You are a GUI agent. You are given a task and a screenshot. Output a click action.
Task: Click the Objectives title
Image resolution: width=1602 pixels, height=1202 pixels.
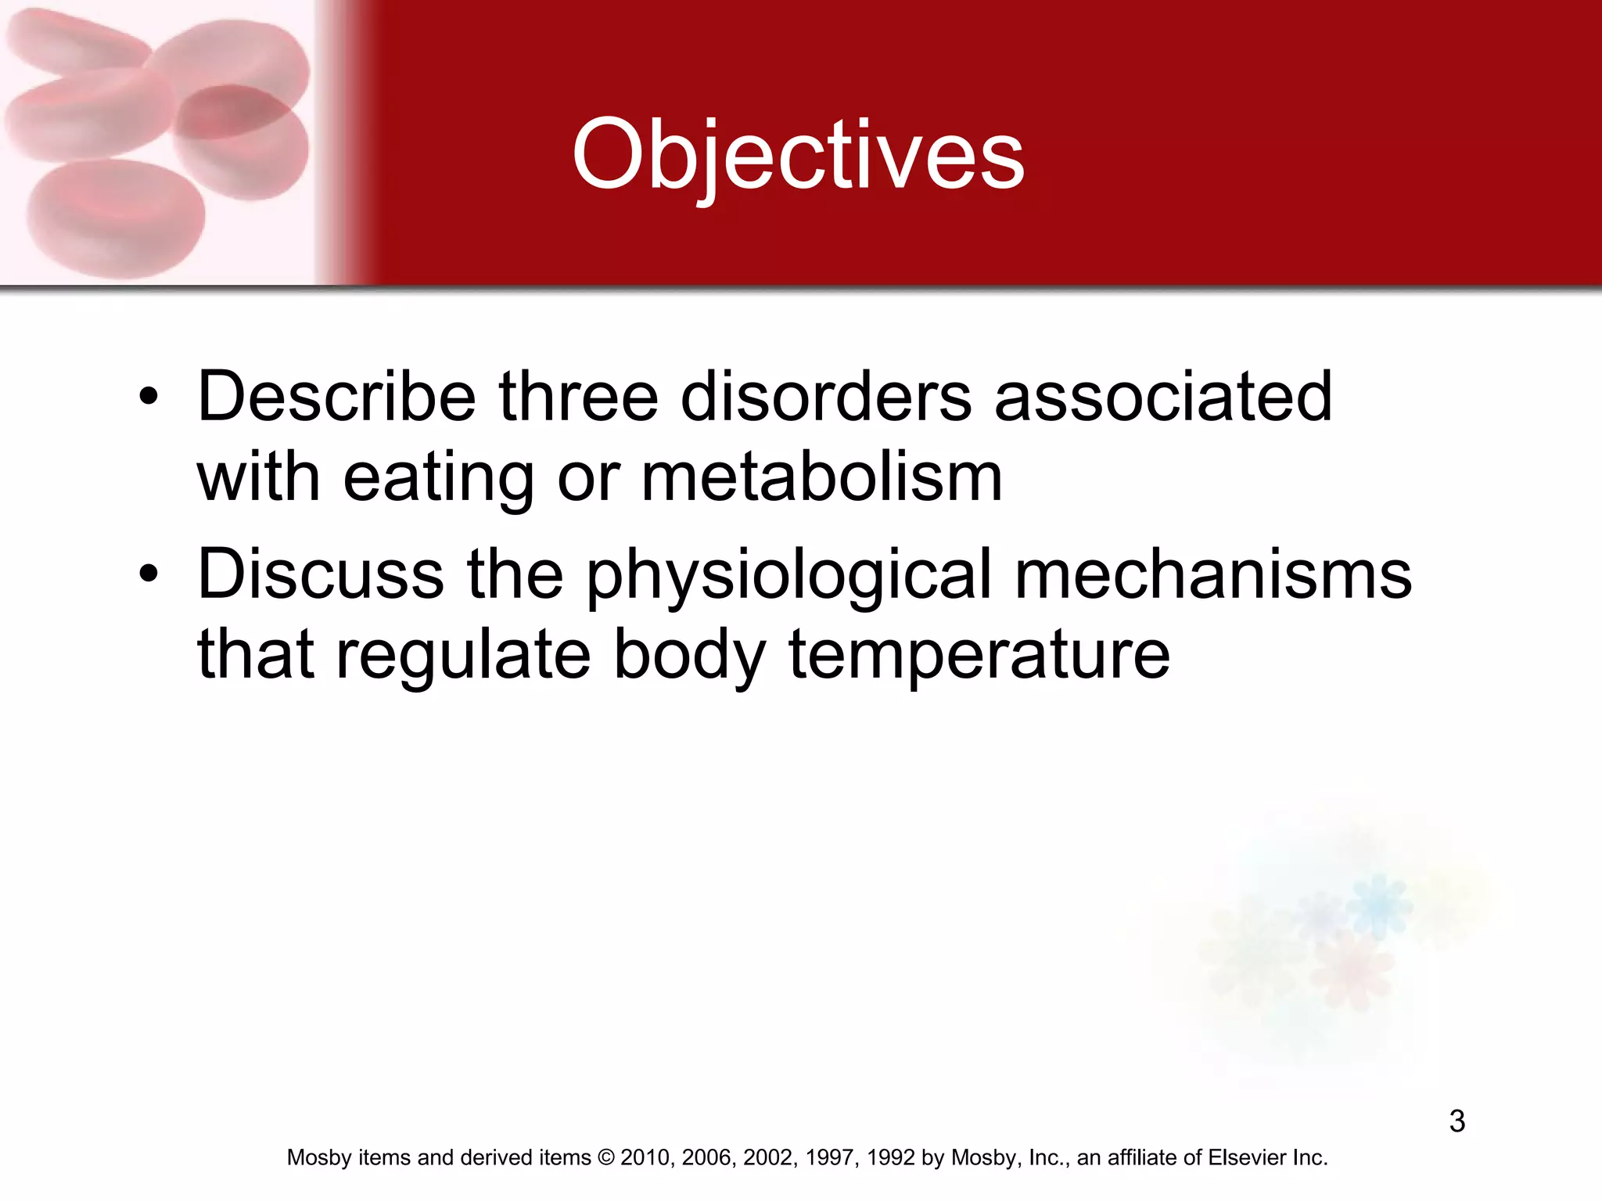tap(798, 154)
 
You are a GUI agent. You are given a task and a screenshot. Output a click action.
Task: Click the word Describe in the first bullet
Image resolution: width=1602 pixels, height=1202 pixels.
tap(336, 397)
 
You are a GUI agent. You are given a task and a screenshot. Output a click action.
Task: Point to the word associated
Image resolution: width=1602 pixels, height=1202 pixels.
tap(1162, 397)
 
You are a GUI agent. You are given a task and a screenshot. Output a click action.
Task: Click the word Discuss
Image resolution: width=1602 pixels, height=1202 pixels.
tap(321, 574)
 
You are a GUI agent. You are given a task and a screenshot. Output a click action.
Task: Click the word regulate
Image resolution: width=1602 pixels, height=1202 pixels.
tap(463, 656)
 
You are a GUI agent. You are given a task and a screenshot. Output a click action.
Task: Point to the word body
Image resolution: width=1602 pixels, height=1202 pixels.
tap(688, 656)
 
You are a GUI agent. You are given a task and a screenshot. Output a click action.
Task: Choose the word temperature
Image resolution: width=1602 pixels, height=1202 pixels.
tap(979, 656)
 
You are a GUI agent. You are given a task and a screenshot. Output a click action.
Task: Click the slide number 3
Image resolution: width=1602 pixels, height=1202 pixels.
tap(1457, 1121)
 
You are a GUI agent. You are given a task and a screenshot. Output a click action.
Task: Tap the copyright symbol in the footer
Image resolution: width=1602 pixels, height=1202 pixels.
tap(605, 1157)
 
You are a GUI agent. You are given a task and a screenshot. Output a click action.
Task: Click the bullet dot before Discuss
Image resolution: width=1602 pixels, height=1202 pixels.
tap(148, 576)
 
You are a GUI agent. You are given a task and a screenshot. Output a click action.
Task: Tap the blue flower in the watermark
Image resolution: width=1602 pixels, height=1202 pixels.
tap(1378, 905)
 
